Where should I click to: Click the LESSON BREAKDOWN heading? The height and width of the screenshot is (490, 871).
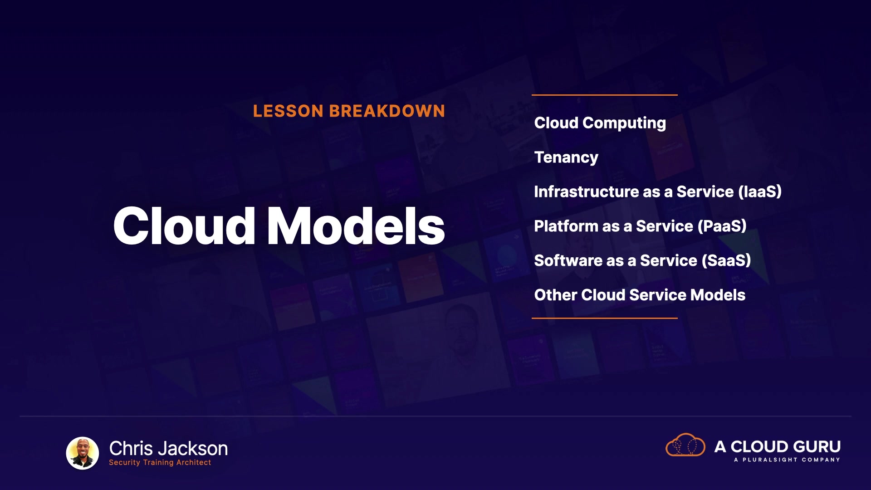(x=349, y=111)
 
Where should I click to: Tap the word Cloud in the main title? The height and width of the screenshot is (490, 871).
(x=184, y=226)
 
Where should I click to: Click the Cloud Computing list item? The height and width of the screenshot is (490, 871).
(x=600, y=123)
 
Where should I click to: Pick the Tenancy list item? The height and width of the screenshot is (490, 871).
(x=566, y=158)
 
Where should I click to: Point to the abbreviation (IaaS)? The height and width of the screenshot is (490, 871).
(x=760, y=192)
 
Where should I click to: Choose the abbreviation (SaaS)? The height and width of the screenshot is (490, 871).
(x=726, y=261)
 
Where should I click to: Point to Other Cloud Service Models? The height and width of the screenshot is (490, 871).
(x=640, y=295)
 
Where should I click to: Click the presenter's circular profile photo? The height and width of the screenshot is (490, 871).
(x=83, y=453)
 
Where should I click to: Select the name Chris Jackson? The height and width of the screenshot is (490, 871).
(x=168, y=449)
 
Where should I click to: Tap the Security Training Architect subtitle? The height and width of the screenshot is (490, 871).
(x=160, y=462)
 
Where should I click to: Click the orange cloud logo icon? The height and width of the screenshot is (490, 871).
(x=685, y=445)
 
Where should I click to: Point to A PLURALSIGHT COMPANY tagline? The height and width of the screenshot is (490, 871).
(x=787, y=460)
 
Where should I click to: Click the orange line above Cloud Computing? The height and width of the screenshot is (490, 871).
(x=605, y=95)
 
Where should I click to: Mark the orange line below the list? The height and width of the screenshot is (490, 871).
(x=605, y=318)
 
